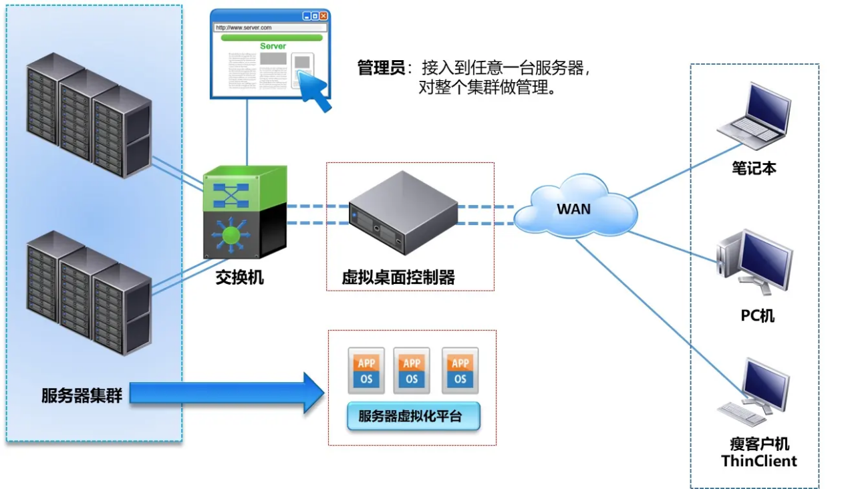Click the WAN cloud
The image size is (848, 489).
click(573, 208)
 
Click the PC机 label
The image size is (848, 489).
click(758, 315)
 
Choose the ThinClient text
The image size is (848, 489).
click(759, 461)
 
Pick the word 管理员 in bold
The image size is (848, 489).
click(381, 68)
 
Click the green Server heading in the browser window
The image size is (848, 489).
click(273, 46)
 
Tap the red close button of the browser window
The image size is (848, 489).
click(324, 15)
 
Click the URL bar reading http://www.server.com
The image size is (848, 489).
click(271, 28)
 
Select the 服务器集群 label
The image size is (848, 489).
click(82, 395)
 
